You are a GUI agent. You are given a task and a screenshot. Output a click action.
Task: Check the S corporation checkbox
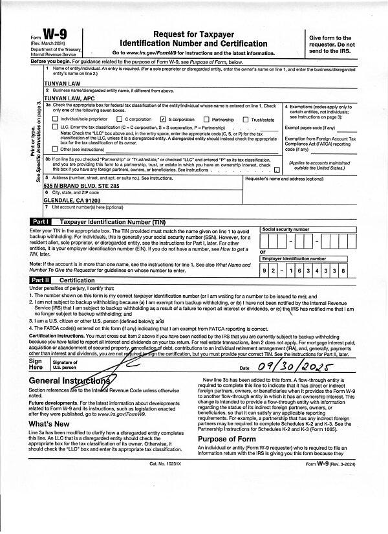pyautogui.click(x=163, y=120)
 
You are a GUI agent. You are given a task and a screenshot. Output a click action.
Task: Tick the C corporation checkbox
pyautogui.click(x=119, y=120)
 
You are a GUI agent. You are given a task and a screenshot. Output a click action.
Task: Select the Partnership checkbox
pyautogui.click(x=206, y=120)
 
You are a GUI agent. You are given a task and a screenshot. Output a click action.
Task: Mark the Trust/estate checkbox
pyautogui.click(x=246, y=120)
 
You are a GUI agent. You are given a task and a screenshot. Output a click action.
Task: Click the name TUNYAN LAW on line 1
pyautogui.click(x=63, y=83)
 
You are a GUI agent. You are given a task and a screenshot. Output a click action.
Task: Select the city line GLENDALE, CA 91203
pyautogui.click(x=73, y=200)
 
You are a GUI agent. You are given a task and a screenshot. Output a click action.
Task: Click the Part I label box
pyautogui.click(x=42, y=221)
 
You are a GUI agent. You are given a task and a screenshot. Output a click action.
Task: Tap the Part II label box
pyautogui.click(x=42, y=280)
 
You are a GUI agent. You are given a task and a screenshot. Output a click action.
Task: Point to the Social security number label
pyautogui.click(x=285, y=230)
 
